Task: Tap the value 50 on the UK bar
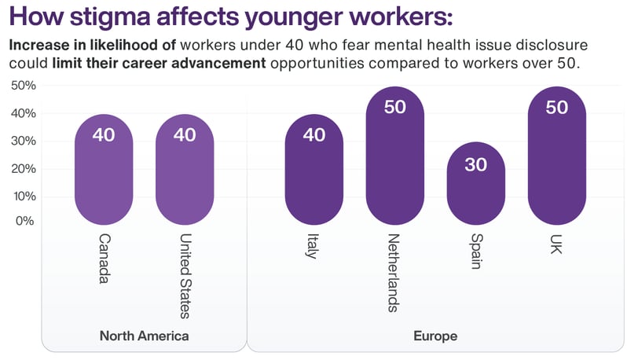click(556, 107)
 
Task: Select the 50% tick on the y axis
click(23, 85)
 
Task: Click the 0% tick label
click(25, 221)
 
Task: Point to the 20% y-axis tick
click(23, 168)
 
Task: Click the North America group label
click(144, 336)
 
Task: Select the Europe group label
click(434, 336)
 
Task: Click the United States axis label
click(185, 275)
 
